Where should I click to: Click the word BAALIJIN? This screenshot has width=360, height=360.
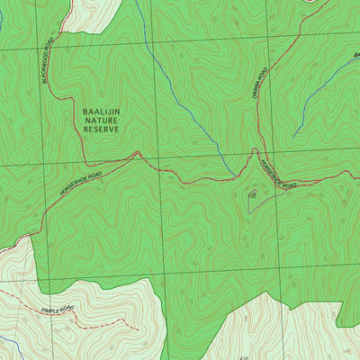pyautogui.click(x=101, y=112)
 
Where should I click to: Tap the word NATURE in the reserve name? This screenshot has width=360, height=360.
pyautogui.click(x=101, y=121)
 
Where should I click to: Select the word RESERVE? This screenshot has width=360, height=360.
pyautogui.click(x=101, y=130)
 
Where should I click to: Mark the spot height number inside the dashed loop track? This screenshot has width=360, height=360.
pyautogui.click(x=253, y=194)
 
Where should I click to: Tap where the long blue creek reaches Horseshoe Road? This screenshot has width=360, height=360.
pyautogui.click(x=236, y=175)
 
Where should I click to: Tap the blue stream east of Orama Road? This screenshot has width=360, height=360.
pyautogui.click(x=310, y=103)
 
